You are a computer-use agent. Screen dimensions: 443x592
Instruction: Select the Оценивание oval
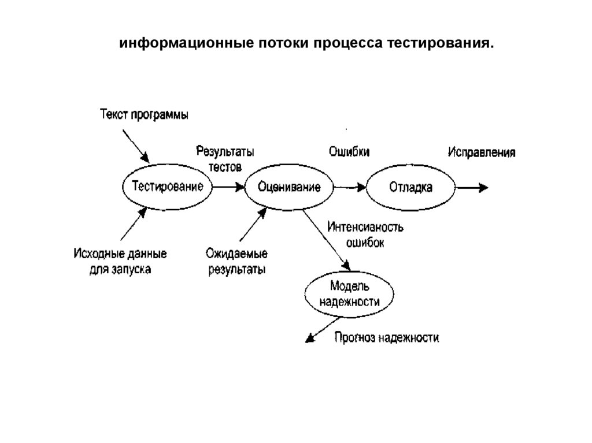pos(290,187)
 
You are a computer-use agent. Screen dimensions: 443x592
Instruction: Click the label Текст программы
pos(144,114)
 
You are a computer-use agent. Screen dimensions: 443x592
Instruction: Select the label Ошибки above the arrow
pos(349,151)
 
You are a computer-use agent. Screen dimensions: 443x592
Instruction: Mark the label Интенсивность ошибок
pos(365,234)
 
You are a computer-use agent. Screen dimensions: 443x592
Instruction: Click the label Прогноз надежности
pos(386,338)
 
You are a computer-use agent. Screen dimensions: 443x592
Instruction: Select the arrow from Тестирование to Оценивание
pos(228,187)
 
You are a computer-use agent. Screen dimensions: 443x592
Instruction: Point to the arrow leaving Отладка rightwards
pos(472,187)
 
